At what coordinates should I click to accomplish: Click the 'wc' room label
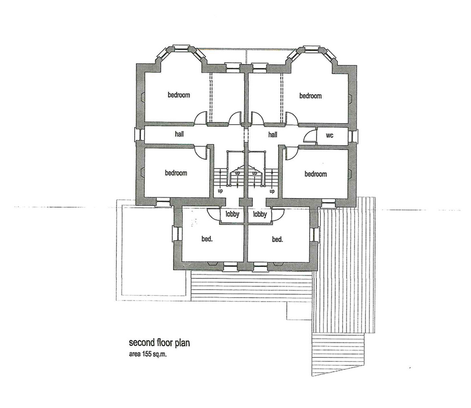329,136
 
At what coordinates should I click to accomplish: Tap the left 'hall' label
180,134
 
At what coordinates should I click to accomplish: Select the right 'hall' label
273,135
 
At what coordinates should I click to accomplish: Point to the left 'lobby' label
233,214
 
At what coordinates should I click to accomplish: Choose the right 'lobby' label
260,214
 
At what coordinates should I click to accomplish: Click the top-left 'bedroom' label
179,95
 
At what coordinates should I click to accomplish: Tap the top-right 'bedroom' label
310,96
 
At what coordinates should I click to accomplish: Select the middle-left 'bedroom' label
176,173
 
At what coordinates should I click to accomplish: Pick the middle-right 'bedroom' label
316,174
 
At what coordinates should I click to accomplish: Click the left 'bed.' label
207,239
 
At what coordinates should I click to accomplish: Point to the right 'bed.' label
277,240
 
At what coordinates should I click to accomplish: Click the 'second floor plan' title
159,343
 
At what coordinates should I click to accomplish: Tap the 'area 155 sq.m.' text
148,354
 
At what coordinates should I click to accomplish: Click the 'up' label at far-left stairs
220,191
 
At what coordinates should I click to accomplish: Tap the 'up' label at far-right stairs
272,191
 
